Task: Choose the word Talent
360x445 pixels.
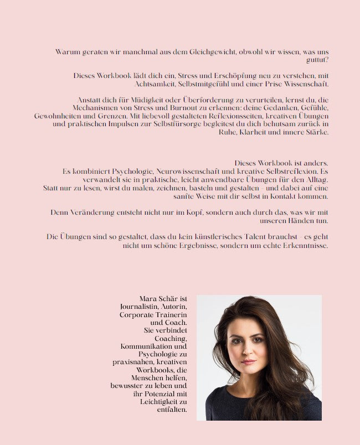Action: pos(247,237)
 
